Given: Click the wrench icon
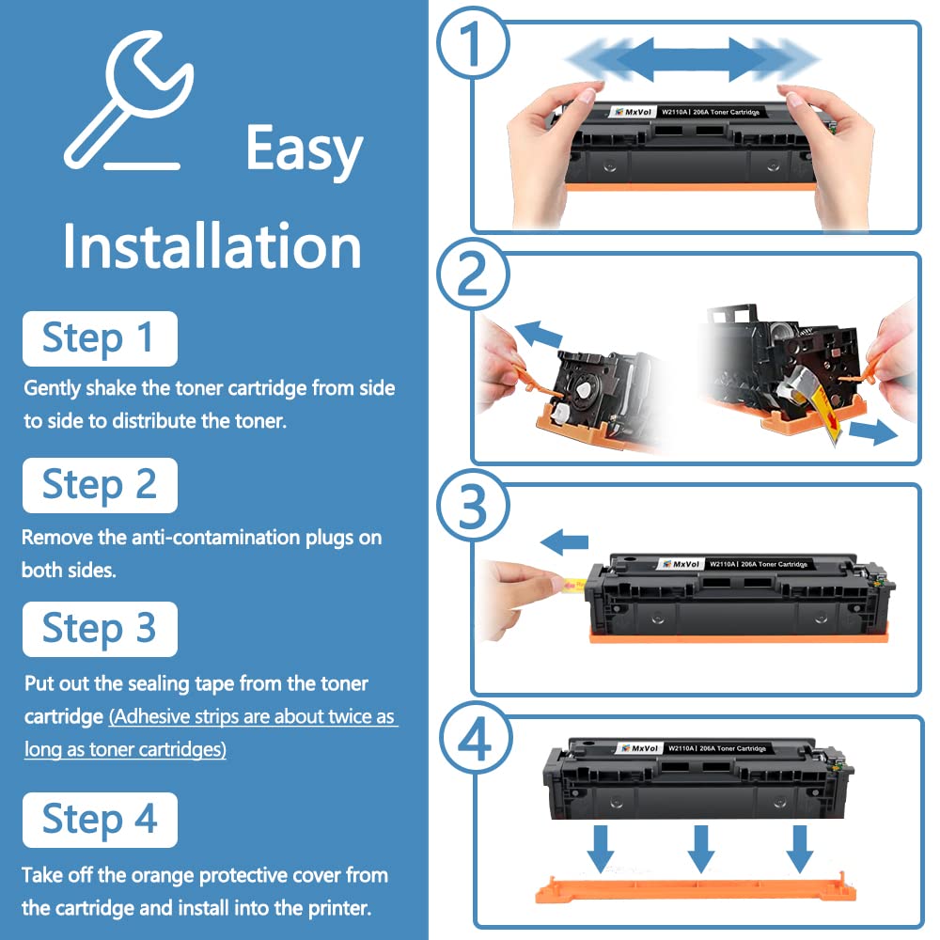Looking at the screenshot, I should coord(127,102).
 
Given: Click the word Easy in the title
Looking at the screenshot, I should coord(304,150).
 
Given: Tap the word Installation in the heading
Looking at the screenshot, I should coord(211,246).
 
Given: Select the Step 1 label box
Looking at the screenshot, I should coord(100,338).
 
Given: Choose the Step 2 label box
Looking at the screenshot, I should coord(100,485).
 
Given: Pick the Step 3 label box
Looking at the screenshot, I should coord(100,629).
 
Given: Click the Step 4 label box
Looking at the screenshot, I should coord(100,820).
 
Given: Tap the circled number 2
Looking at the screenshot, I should coord(473,281).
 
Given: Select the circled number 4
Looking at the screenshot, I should coord(473,743).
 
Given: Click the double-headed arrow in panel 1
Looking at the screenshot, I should coord(692,61).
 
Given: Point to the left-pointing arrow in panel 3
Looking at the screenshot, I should coord(564,541).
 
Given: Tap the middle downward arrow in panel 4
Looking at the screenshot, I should coord(700,847).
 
